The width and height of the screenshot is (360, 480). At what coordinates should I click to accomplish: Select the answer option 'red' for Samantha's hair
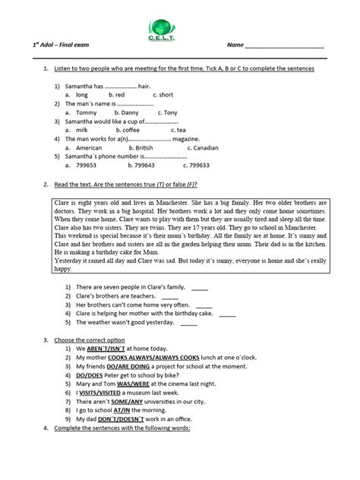[x=120, y=95]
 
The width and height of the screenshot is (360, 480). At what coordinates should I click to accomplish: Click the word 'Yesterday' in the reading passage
[x=72, y=260]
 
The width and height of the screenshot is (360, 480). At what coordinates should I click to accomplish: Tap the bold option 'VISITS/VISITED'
[x=104, y=392]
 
